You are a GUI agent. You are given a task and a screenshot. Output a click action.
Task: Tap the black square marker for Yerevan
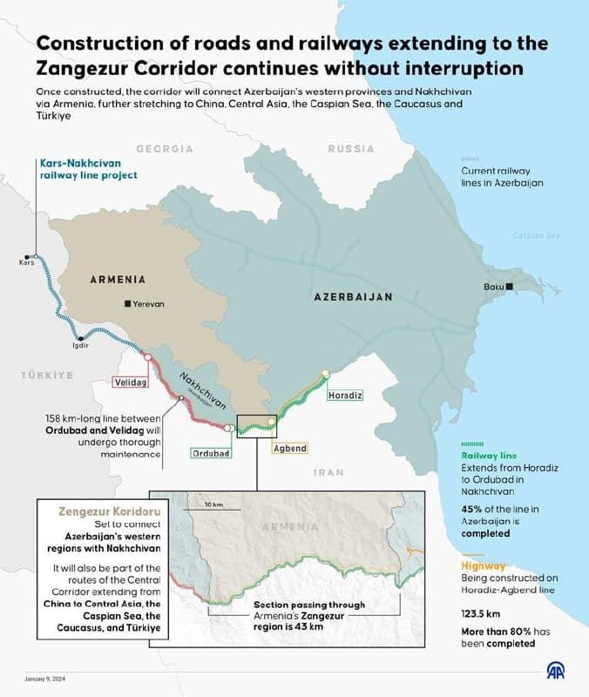(x=128, y=303)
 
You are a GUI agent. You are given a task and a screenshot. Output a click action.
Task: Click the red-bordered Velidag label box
(x=132, y=382)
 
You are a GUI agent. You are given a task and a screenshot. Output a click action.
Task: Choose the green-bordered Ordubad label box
(x=211, y=453)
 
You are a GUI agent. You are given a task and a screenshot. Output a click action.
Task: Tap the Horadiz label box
(x=345, y=395)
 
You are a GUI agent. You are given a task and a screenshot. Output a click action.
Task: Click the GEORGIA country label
(x=164, y=149)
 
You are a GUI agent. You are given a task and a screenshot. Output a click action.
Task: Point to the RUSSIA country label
(x=351, y=149)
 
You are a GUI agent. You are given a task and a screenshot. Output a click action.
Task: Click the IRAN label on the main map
(x=329, y=471)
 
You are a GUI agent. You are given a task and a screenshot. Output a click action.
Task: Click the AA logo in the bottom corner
(x=556, y=671)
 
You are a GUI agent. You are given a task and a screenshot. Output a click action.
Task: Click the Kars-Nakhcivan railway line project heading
(x=88, y=168)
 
